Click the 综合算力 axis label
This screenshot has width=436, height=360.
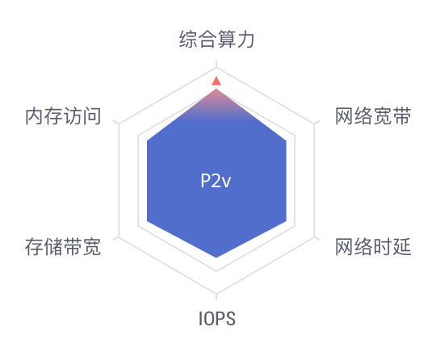[x=216, y=40]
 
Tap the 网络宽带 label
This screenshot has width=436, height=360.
[x=373, y=116]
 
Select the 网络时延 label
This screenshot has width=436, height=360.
[x=373, y=246]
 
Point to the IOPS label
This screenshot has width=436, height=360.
[x=217, y=319]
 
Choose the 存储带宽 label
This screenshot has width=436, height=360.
[x=63, y=246]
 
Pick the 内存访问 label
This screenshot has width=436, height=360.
[x=63, y=116]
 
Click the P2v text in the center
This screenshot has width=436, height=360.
[x=216, y=181]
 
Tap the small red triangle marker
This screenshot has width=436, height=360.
[x=216, y=82]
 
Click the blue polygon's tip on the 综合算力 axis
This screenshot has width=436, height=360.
[x=216, y=89]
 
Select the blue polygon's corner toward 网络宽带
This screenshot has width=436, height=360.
[x=286, y=141]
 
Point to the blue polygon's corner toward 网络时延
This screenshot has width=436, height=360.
[x=286, y=221]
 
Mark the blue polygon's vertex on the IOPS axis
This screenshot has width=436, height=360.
[x=216, y=257]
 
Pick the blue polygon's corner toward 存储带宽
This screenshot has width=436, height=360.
[x=147, y=221]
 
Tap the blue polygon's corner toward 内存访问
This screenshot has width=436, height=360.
[x=147, y=141]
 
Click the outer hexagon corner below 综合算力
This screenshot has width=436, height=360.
[x=216, y=67]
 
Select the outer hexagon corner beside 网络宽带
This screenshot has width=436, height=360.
[x=315, y=124]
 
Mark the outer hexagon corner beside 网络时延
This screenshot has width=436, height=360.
[x=315, y=237]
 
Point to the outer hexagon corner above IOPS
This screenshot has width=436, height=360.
[x=216, y=294]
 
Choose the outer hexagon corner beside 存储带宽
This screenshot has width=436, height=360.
[x=119, y=237]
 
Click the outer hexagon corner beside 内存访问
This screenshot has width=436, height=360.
[x=119, y=124]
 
